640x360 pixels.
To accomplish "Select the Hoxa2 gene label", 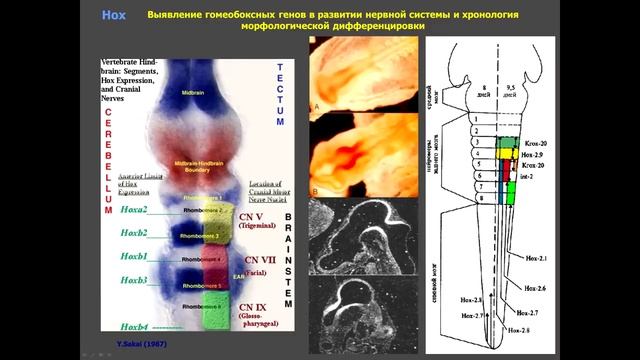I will pyautogui.click(x=133, y=209).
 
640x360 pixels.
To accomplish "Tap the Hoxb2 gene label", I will pyautogui.click(x=133, y=233).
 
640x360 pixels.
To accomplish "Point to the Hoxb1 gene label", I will pyautogui.click(x=133, y=257).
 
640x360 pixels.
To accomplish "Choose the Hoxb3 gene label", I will pyautogui.click(x=133, y=281).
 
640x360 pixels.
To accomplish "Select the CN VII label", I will pyautogui.click(x=258, y=258).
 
